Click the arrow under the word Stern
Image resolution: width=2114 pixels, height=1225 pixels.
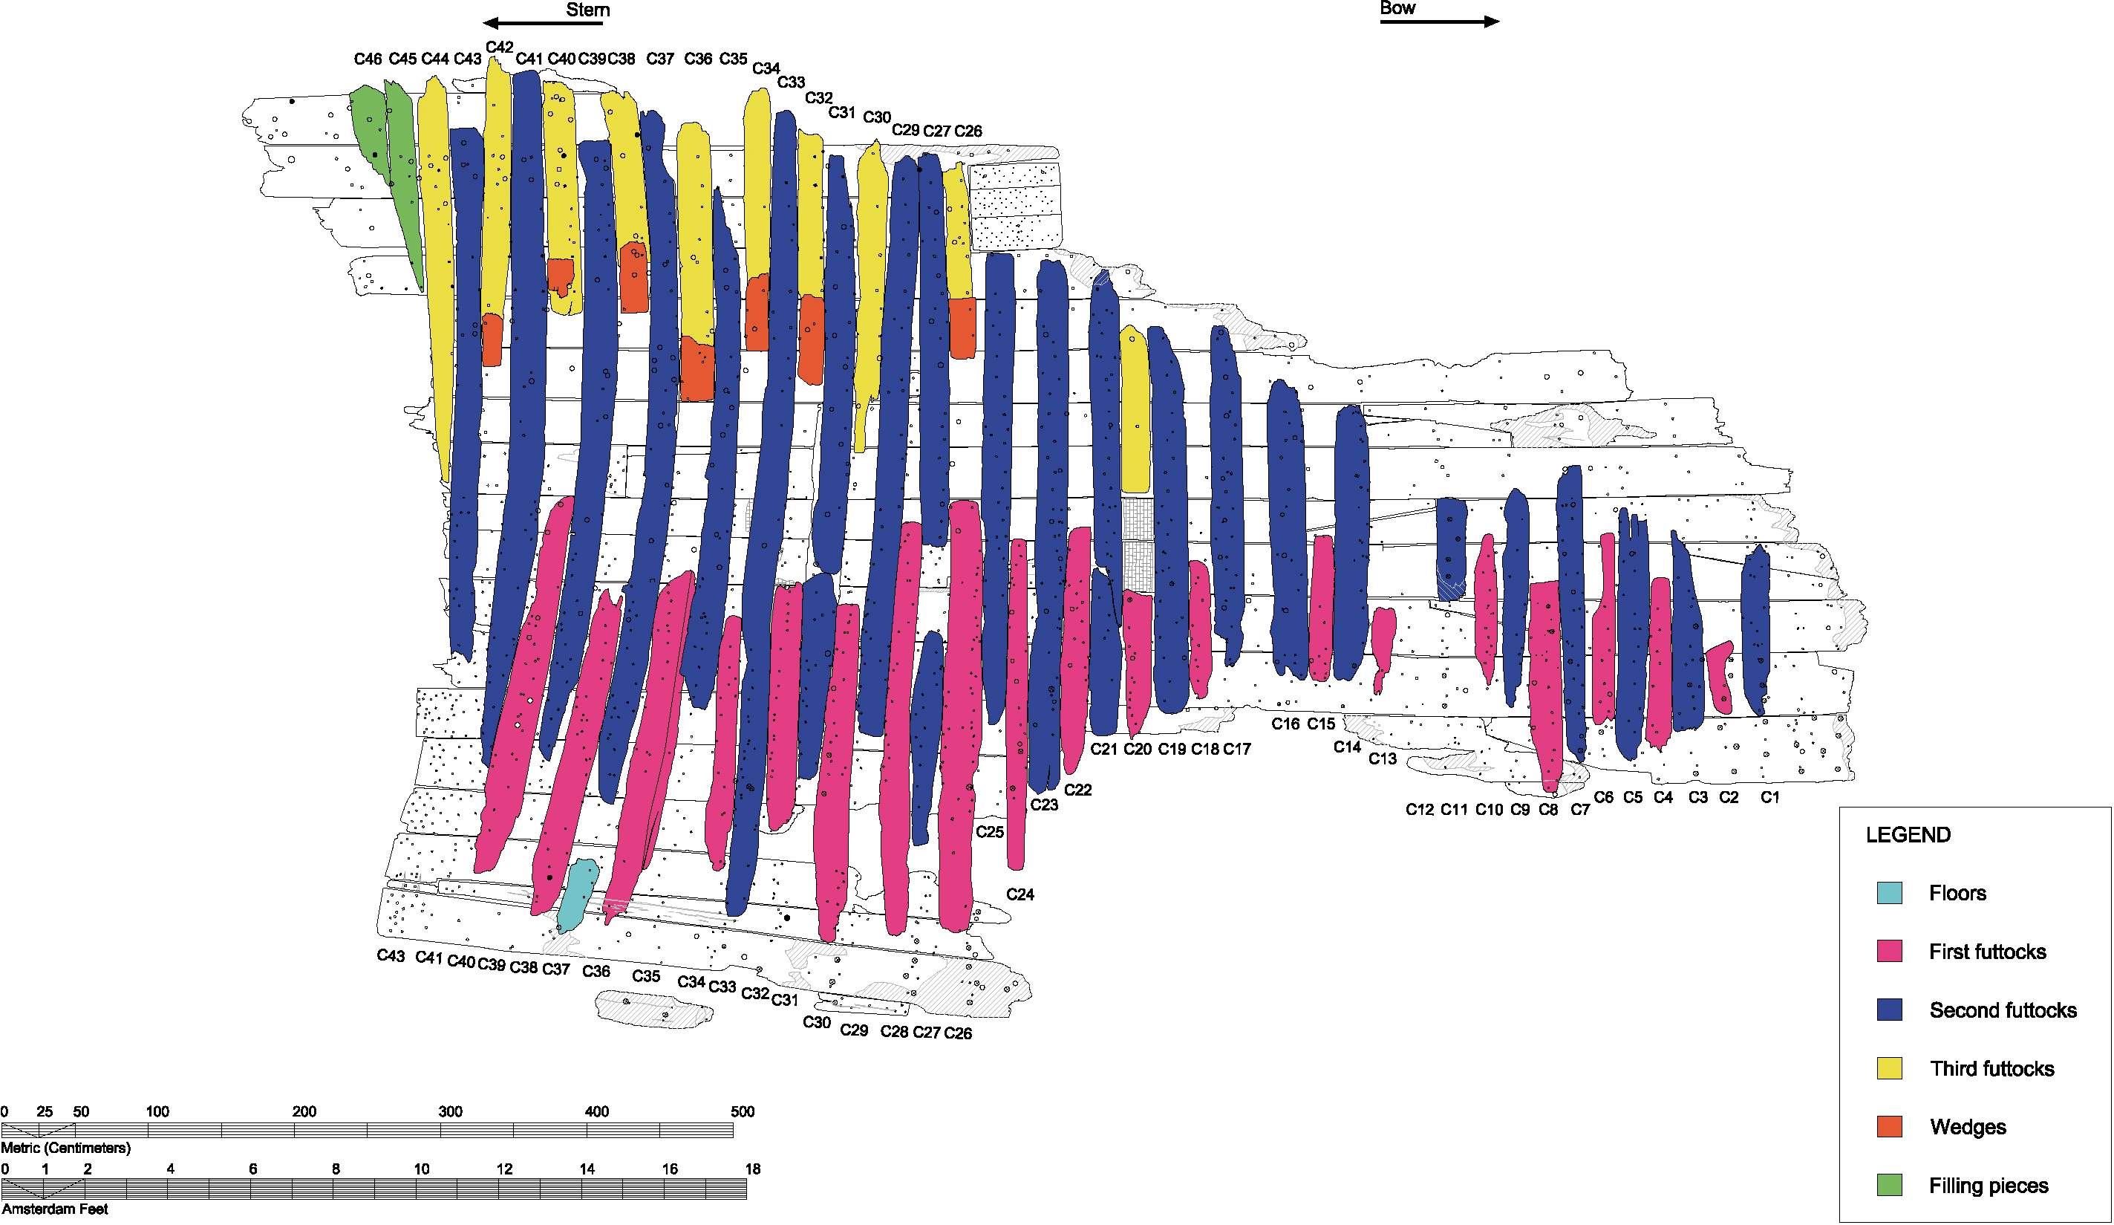542,24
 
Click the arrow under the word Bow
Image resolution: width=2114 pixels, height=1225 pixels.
1439,22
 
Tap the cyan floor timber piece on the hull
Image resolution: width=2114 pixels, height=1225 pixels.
577,894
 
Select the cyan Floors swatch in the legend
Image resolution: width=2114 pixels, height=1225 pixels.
1889,893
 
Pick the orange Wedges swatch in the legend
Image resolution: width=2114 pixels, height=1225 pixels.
1889,1127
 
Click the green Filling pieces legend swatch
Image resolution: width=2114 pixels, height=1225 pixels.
1889,1185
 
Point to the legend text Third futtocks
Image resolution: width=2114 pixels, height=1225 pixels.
1991,1068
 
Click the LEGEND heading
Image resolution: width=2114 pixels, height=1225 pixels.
1908,835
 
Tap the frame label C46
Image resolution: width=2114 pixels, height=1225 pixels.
368,59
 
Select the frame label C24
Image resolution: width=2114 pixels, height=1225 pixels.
1020,894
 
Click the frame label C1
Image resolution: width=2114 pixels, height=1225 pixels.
1769,797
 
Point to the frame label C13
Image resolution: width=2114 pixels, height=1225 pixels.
1383,758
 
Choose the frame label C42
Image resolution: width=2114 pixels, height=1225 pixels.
499,47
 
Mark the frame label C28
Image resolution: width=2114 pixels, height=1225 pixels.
893,1031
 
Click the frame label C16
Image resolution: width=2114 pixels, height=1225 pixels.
1285,724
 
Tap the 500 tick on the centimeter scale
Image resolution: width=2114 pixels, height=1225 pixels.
742,1112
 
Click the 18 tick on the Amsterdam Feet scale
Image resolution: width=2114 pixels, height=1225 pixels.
752,1169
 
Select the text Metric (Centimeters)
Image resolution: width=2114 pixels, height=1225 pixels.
65,1148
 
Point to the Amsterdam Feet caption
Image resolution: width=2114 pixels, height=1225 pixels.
54,1209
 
